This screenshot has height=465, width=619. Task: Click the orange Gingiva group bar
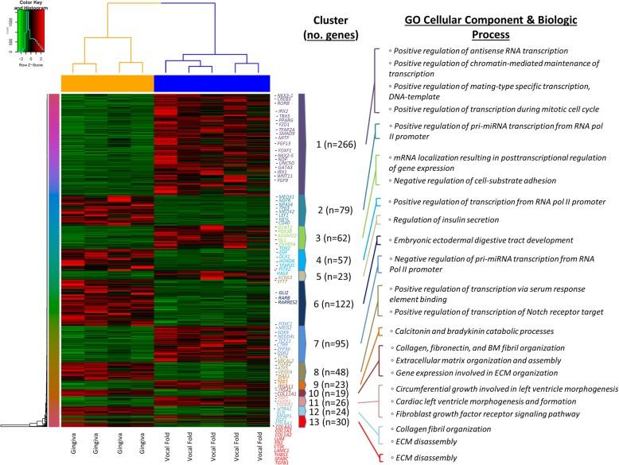[107, 83]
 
